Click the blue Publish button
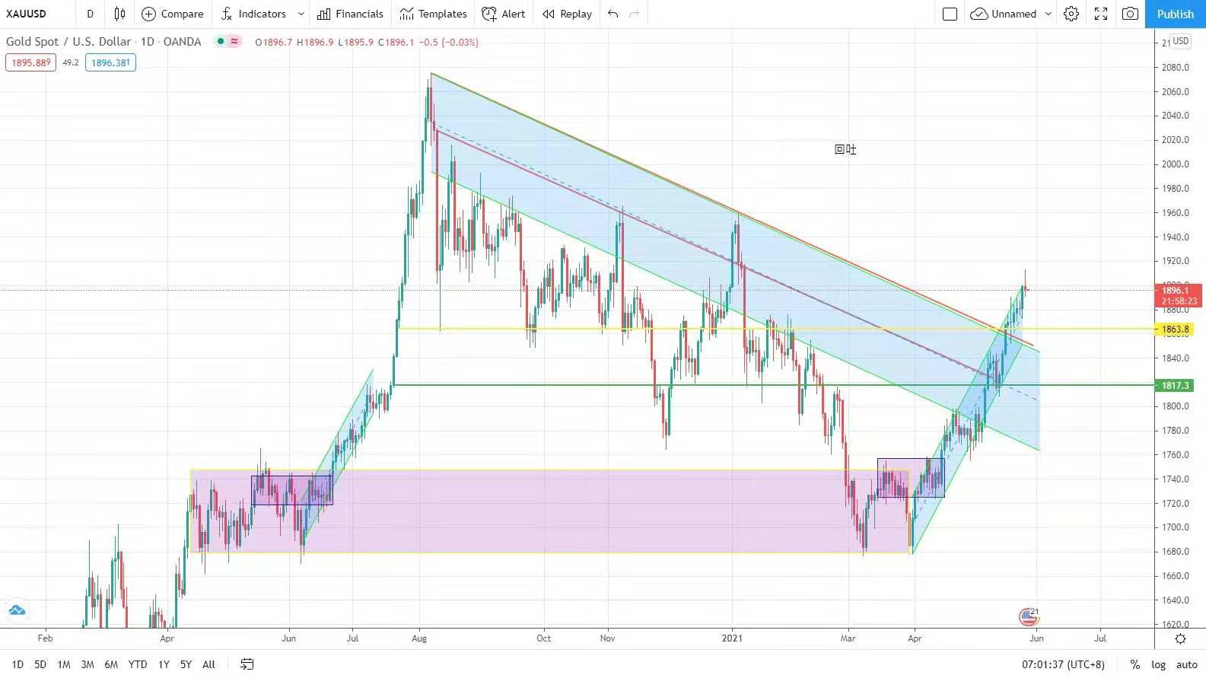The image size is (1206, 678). point(1175,14)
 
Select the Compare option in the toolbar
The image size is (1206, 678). point(173,14)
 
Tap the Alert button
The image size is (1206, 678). point(504,14)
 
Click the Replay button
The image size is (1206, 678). point(567,14)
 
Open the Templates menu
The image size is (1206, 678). point(433,14)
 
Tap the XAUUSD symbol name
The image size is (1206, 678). point(26,14)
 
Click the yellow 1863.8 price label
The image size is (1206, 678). point(1176,329)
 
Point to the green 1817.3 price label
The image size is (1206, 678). point(1176,386)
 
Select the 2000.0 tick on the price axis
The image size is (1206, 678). point(1176,164)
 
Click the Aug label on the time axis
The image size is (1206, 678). point(419,638)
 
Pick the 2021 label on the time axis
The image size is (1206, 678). point(732,638)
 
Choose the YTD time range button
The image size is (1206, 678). point(138,664)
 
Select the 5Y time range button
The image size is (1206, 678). point(186,664)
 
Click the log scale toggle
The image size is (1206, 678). point(1158,664)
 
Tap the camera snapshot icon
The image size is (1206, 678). point(1131,14)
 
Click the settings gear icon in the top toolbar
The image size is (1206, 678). point(1071,14)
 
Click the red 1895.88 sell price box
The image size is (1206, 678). point(30,62)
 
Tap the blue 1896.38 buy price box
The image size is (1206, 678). point(110,62)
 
